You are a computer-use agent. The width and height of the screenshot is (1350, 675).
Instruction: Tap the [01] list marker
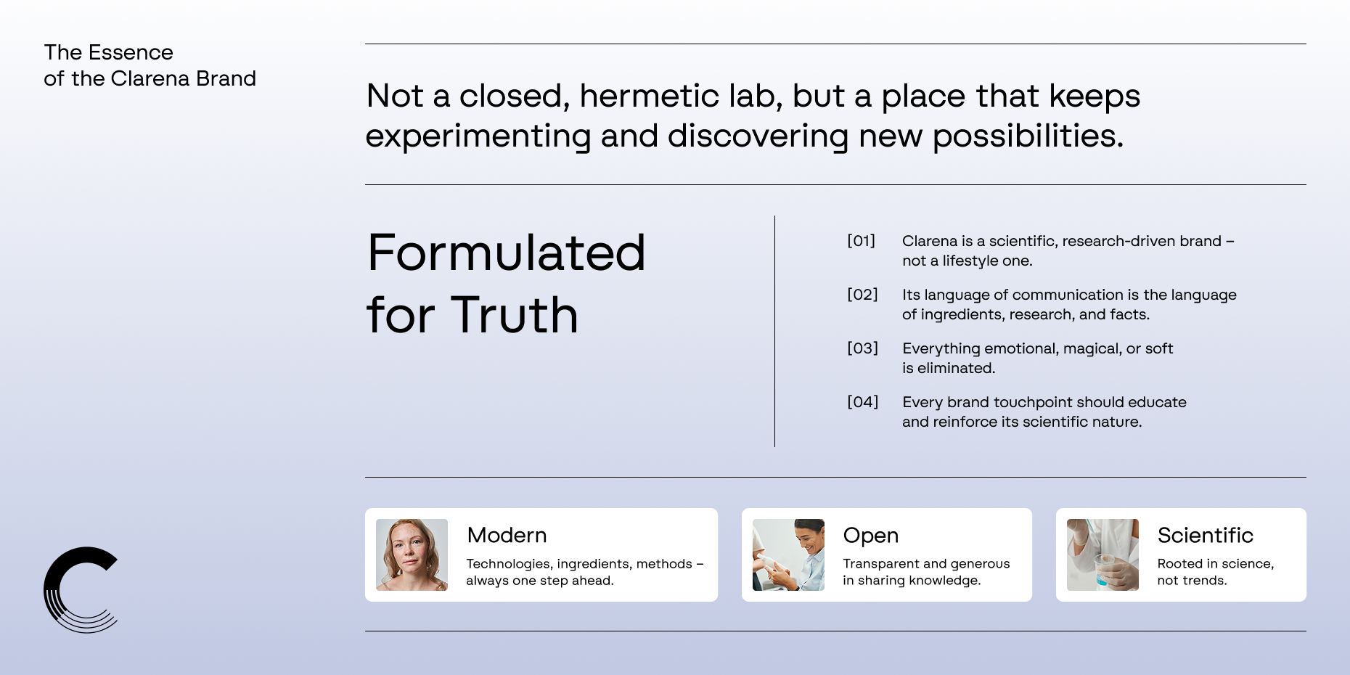tap(862, 241)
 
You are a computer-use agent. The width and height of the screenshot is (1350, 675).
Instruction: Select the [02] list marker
tap(862, 295)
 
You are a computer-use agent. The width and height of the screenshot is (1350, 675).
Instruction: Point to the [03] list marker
tap(862, 348)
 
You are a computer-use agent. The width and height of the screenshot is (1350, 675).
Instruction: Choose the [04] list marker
tap(862, 402)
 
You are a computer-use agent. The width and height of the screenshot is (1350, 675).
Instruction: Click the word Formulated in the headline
tap(507, 253)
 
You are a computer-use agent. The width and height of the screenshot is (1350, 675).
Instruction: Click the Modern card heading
tap(507, 535)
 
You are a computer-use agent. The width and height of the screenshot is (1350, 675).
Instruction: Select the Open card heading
tap(871, 536)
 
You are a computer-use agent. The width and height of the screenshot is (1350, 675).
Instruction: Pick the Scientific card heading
tap(1206, 535)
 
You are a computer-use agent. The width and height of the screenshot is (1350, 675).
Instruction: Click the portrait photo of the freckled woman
tap(412, 555)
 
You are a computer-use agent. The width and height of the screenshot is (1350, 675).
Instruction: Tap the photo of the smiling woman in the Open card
tap(788, 555)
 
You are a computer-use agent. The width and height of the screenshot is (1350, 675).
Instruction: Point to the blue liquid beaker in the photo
tap(1103, 571)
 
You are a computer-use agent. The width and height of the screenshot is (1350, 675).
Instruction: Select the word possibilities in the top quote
tap(1028, 136)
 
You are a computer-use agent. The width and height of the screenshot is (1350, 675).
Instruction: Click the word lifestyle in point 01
tap(970, 261)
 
